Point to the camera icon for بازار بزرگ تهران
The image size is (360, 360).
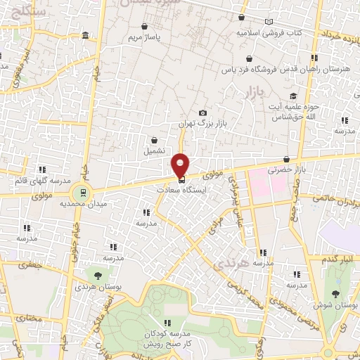[202, 112]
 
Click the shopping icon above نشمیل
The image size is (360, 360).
[153, 140]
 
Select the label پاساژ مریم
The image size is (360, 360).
[150, 36]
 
